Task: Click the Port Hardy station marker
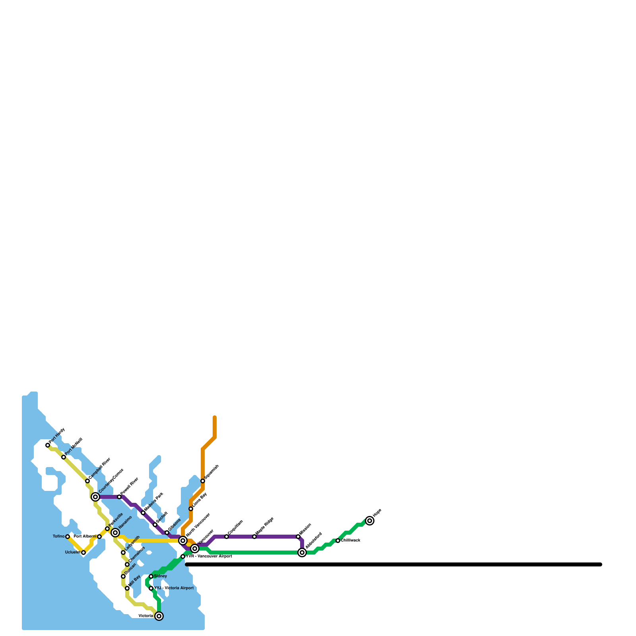pyautogui.click(x=48, y=445)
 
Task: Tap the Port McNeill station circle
pyautogui.click(x=64, y=457)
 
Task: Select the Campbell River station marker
pyautogui.click(x=87, y=481)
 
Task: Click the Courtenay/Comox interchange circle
pyautogui.click(x=95, y=497)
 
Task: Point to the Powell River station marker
pyautogui.click(x=119, y=497)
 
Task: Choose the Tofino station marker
pyautogui.click(x=68, y=537)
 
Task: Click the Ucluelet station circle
pyautogui.click(x=83, y=553)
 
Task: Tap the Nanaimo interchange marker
pyautogui.click(x=115, y=533)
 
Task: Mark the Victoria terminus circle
pyautogui.click(x=159, y=616)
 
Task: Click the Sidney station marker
pyautogui.click(x=151, y=576)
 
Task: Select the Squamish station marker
pyautogui.click(x=203, y=481)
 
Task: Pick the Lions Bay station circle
pyautogui.click(x=191, y=509)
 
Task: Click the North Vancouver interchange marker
pyautogui.click(x=183, y=541)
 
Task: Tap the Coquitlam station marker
pyautogui.click(x=227, y=537)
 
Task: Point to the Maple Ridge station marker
pyautogui.click(x=254, y=537)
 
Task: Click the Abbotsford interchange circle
pyautogui.click(x=302, y=553)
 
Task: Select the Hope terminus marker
pyautogui.click(x=370, y=521)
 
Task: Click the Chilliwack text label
pyautogui.click(x=351, y=541)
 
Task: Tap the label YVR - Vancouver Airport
pyautogui.click(x=209, y=556)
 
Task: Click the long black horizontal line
pyautogui.click(x=394, y=564)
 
